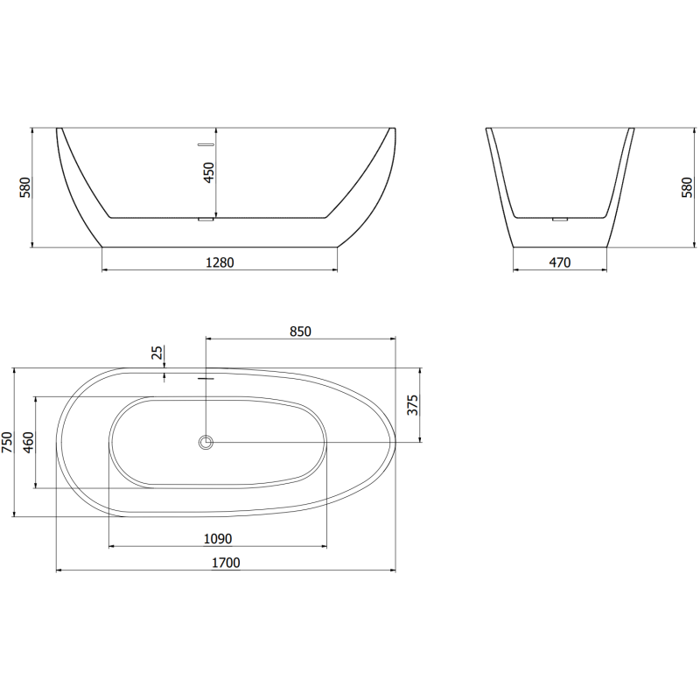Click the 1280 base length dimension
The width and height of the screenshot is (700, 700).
(x=220, y=261)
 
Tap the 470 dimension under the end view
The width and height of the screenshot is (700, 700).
(x=559, y=261)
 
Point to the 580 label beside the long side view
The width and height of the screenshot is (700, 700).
(x=24, y=187)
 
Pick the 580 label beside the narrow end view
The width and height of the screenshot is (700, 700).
(x=686, y=187)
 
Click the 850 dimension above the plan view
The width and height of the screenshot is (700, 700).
(x=300, y=331)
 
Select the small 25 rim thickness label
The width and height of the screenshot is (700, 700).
(x=157, y=353)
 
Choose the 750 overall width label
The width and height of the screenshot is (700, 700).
(x=7, y=443)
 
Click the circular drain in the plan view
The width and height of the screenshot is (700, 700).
(x=206, y=442)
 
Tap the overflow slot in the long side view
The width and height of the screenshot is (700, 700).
(x=206, y=143)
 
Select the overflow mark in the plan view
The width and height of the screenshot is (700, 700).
(x=206, y=379)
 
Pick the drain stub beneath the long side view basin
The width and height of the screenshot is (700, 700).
(x=206, y=220)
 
